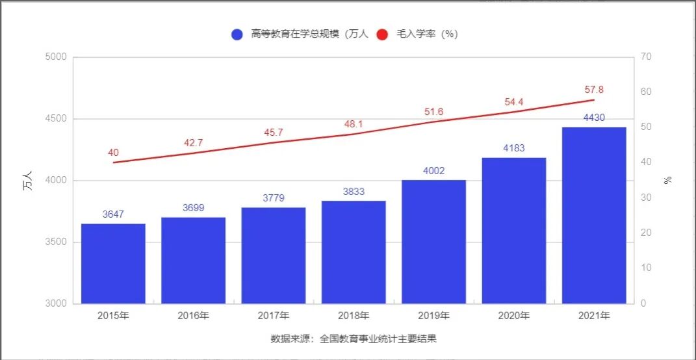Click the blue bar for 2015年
tap(113, 263)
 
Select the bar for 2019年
tap(433, 241)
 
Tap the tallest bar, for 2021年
tap(594, 215)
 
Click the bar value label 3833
tap(354, 192)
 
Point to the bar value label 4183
tap(514, 148)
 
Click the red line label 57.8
tap(593, 90)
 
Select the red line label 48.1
tap(354, 124)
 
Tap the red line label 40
tap(113, 153)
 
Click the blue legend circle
tap(237, 34)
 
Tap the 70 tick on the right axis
tap(645, 57)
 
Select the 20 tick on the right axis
tap(645, 233)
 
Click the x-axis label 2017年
tap(274, 316)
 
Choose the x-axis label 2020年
tap(514, 316)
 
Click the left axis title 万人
tap(27, 181)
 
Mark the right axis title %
tap(667, 180)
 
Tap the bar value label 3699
tap(194, 208)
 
